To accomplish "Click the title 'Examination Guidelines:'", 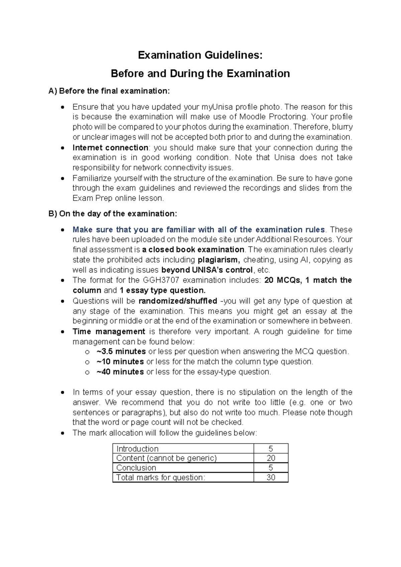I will [200, 55].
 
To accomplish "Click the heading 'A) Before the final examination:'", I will [109, 91].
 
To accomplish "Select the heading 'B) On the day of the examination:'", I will [113, 214].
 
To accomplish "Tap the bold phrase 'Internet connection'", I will [110, 148].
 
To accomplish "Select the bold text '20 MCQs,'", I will [283, 280].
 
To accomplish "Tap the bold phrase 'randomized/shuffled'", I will [178, 301].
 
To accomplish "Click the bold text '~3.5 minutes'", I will [121, 352].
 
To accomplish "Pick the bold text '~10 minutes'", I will [120, 362].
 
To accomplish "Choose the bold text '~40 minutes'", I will [120, 372].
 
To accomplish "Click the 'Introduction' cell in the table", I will [137, 449].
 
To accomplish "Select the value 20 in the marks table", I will [271, 458].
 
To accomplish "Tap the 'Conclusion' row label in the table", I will [136, 468].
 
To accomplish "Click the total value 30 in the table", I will [271, 478].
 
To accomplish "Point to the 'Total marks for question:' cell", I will [160, 478].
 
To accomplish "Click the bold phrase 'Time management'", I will [109, 332].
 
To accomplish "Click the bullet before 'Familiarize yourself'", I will [62, 179].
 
